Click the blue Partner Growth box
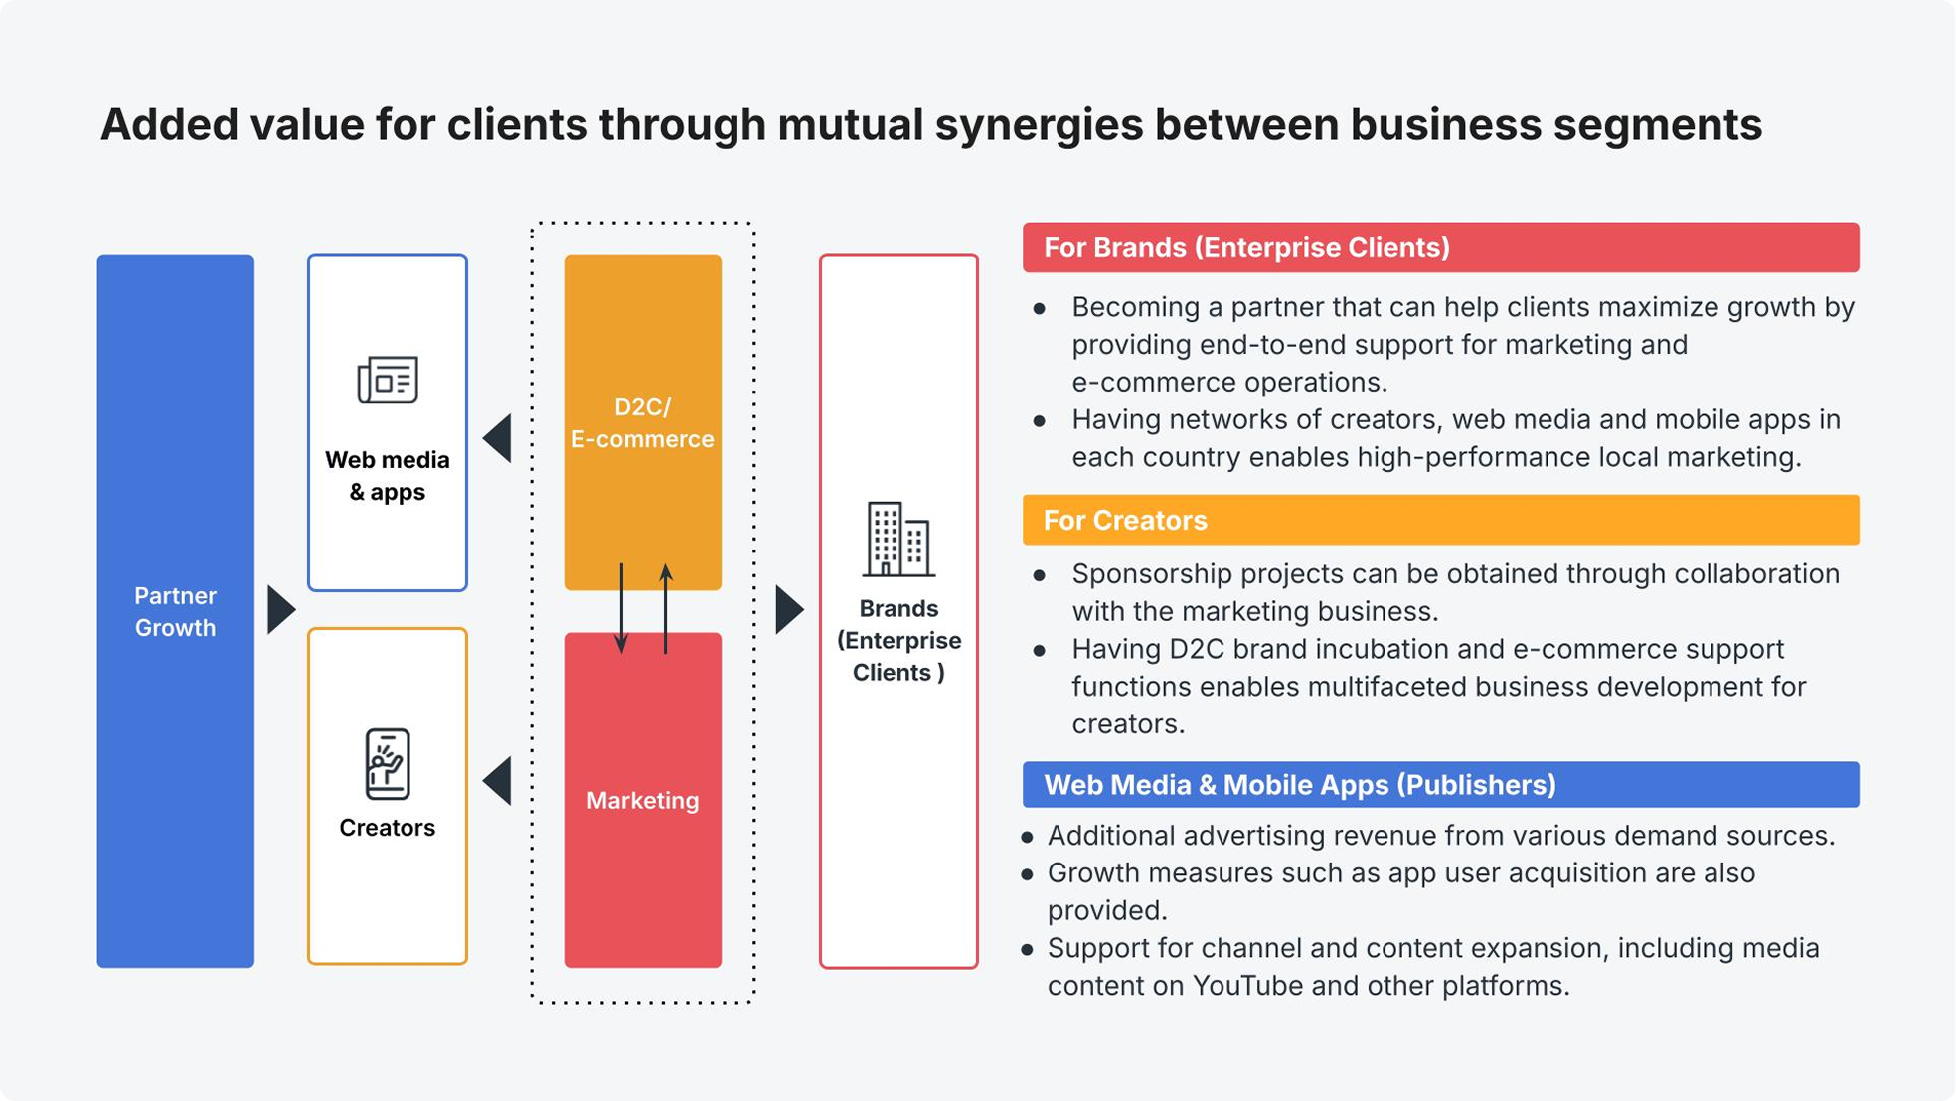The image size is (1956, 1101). click(175, 611)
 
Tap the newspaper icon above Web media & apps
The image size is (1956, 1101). click(388, 379)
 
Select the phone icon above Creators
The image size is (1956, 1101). click(387, 764)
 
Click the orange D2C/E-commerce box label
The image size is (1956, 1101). click(642, 423)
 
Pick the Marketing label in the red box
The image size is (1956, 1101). click(642, 800)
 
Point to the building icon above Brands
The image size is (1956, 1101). click(898, 540)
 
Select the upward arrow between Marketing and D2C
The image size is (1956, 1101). click(666, 608)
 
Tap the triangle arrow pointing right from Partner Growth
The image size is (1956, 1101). click(280, 609)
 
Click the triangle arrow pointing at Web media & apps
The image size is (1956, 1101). click(498, 438)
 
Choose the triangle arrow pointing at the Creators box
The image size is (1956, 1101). click(498, 781)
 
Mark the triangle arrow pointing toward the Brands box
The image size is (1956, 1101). click(789, 609)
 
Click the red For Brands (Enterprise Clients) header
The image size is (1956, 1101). click(1440, 247)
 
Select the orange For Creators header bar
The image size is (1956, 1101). click(1440, 520)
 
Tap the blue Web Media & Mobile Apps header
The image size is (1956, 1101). click(1440, 785)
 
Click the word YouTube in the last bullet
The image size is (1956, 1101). click(1246, 986)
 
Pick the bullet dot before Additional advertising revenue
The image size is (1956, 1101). click(1028, 837)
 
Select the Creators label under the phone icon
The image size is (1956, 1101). click(387, 828)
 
